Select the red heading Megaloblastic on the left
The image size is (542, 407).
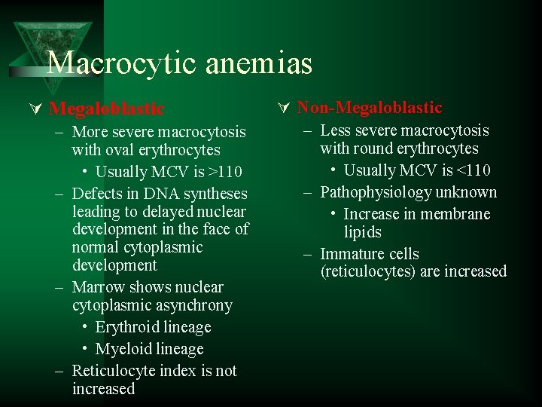[x=106, y=109]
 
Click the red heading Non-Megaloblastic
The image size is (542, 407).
[x=369, y=108]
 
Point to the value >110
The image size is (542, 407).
[x=226, y=172]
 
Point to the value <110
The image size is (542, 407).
[x=474, y=170]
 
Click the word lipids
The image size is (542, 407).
[x=362, y=232]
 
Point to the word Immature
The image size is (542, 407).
[x=351, y=254]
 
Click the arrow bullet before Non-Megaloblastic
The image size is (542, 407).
[x=284, y=109]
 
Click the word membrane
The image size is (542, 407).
[x=455, y=214]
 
